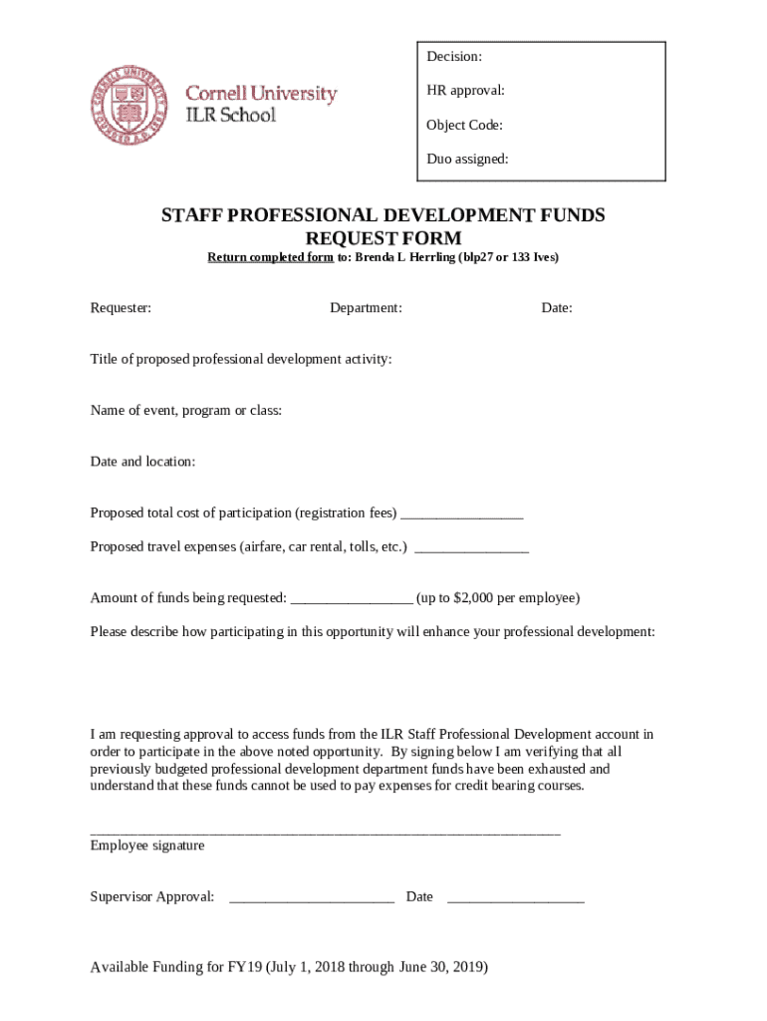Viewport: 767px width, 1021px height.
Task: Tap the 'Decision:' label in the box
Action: click(454, 57)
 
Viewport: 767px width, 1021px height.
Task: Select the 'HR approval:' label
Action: click(465, 91)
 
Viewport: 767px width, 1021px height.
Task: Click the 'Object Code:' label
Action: click(464, 125)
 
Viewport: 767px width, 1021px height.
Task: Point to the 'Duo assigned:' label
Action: click(467, 159)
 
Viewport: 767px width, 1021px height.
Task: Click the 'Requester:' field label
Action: click(121, 308)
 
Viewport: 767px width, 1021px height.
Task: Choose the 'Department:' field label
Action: click(366, 308)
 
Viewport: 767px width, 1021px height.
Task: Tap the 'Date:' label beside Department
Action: click(557, 308)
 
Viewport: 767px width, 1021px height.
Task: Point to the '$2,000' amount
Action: click(473, 598)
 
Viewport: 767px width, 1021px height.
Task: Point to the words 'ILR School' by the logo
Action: click(231, 115)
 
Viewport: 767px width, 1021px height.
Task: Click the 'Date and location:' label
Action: click(142, 462)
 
